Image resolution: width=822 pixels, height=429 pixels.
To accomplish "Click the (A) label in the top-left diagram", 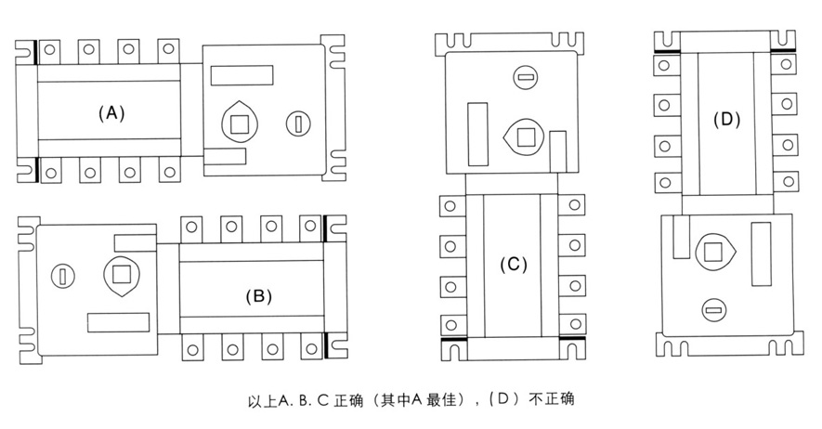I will pos(111,112).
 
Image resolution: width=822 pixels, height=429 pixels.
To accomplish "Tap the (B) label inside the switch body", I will pos(257,297).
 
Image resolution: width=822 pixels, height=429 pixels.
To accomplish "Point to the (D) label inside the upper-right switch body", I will pos(726,119).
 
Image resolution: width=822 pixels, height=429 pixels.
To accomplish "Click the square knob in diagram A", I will pos(240,123).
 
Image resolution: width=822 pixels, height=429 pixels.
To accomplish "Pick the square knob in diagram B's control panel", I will pos(121,273).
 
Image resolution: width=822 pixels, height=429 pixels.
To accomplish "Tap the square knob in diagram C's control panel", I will pos(526,137).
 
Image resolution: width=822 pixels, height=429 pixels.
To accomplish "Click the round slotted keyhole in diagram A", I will pos(298,122).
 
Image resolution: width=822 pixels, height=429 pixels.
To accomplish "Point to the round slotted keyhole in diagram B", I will pos(62,275).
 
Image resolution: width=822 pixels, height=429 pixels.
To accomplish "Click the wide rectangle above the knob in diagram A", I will pos(241,76).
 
